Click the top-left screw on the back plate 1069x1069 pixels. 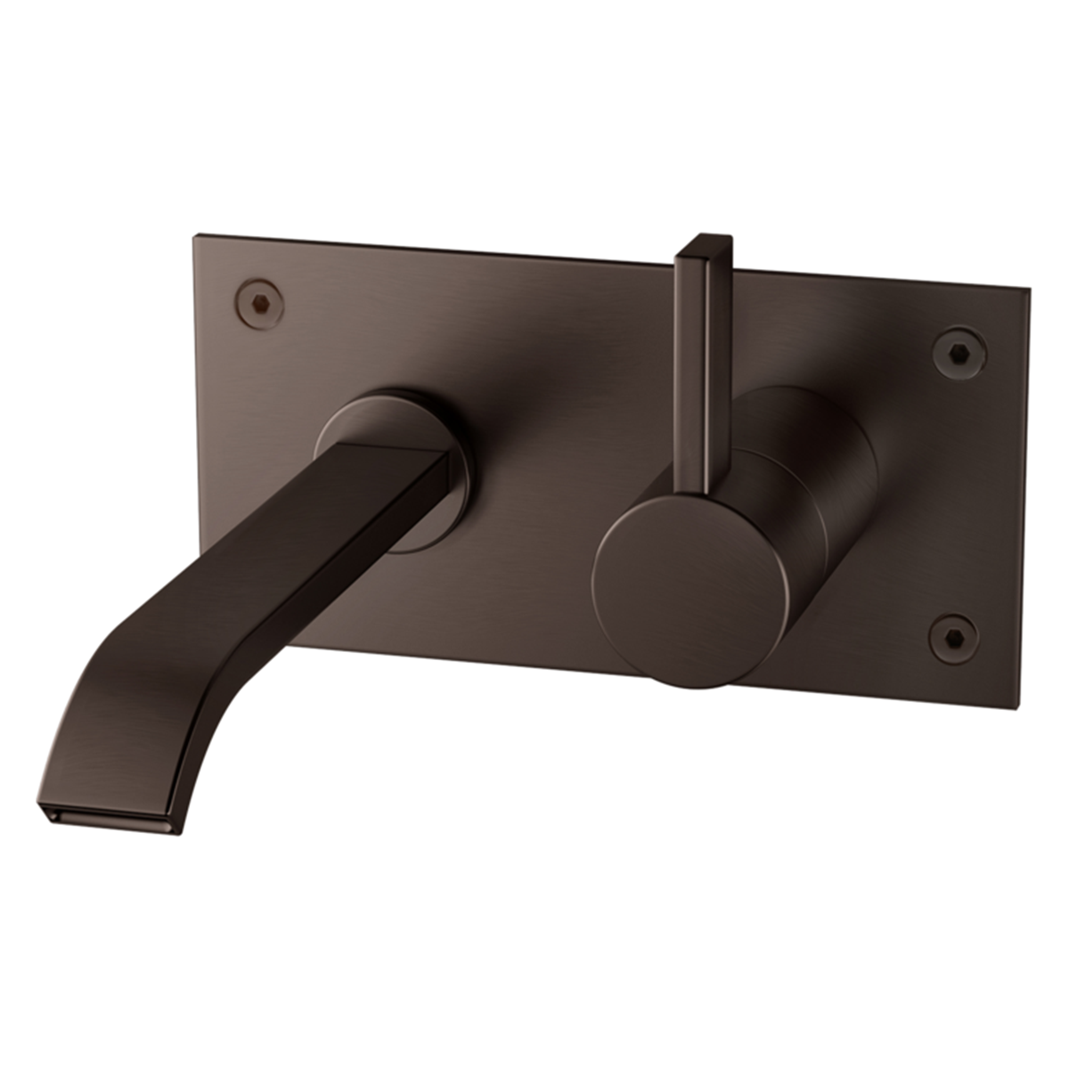[x=259, y=299]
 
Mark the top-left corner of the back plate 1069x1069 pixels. [x=195, y=235]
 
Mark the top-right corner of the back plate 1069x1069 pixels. [x=1029, y=289]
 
